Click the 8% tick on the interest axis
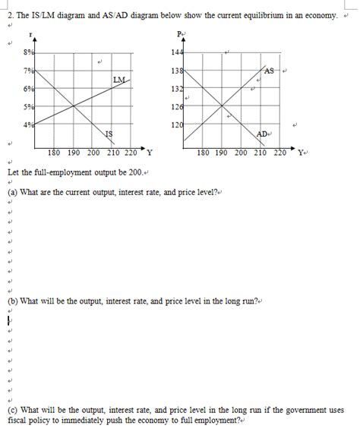click(x=28, y=52)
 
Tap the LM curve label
click(x=118, y=80)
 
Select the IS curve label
click(x=109, y=134)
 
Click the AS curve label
click(x=269, y=71)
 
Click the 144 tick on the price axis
click(x=177, y=52)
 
